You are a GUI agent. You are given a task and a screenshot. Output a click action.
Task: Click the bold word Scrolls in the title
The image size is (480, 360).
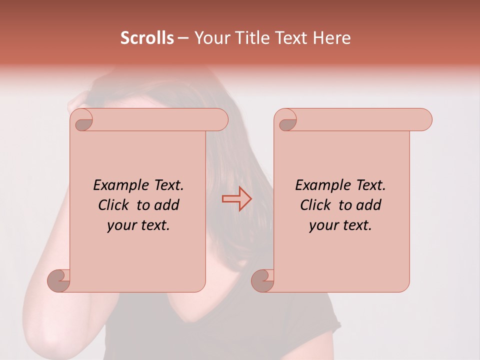point(147,38)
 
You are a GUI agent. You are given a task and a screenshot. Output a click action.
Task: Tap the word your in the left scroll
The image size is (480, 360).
point(121,225)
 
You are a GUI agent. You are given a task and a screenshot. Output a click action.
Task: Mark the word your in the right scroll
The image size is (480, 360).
point(323,225)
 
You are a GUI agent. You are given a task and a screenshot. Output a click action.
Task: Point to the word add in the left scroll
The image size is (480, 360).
point(167,205)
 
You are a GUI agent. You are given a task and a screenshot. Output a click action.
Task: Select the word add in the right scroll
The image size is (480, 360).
point(369,205)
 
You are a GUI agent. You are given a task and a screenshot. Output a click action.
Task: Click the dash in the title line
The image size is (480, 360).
point(183,38)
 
